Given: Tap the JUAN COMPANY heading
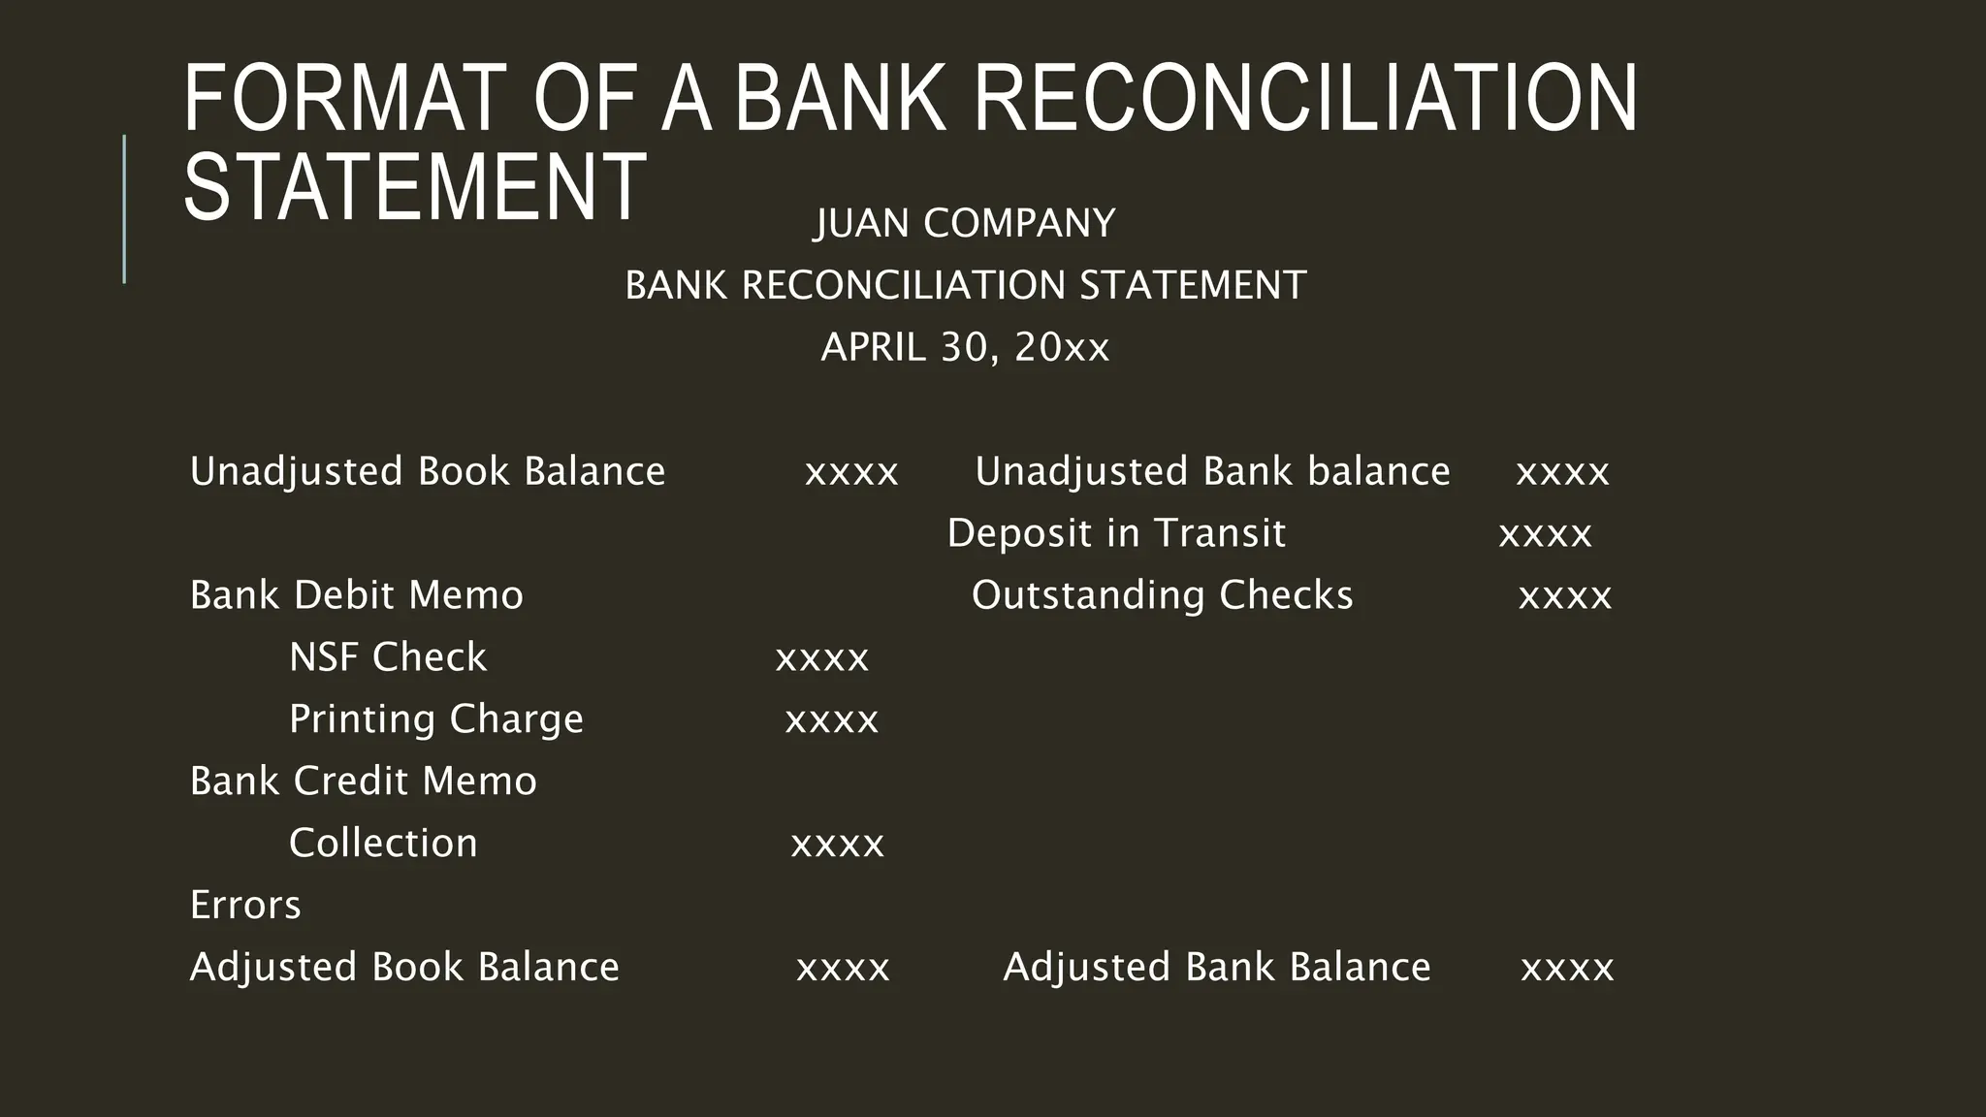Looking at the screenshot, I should pyautogui.click(x=965, y=223).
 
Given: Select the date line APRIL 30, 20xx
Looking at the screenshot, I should pyautogui.click(x=965, y=347).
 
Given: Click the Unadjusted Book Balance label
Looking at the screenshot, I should pyautogui.click(x=428, y=471).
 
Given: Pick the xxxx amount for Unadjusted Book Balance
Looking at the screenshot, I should pyautogui.click(x=851, y=472).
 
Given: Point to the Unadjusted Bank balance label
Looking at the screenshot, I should pyautogui.click(x=1212, y=471).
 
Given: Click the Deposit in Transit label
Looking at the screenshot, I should pyautogui.click(x=1116, y=533).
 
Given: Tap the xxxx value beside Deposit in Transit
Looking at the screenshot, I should pyautogui.click(x=1545, y=534).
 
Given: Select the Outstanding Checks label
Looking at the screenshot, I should pyautogui.click(x=1162, y=595).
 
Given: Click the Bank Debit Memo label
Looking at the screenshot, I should pyautogui.click(x=356, y=595).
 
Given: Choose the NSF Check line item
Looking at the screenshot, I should pyautogui.click(x=388, y=657).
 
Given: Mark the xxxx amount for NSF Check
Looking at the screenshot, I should pyautogui.click(x=822, y=658).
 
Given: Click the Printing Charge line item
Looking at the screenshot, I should pyautogui.click(x=436, y=719).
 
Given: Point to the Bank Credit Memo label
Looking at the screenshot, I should pyautogui.click(x=363, y=782).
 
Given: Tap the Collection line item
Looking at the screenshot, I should pyautogui.click(x=383, y=844).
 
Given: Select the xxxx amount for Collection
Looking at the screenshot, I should pyautogui.click(x=838, y=845).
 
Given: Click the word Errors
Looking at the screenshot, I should pyautogui.click(x=245, y=906).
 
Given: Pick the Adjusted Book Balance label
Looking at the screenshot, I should pyautogui.click(x=404, y=968).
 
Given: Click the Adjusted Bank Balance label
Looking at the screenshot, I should pyautogui.click(x=1217, y=968).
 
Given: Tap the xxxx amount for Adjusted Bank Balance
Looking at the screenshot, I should pyautogui.click(x=1567, y=969).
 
